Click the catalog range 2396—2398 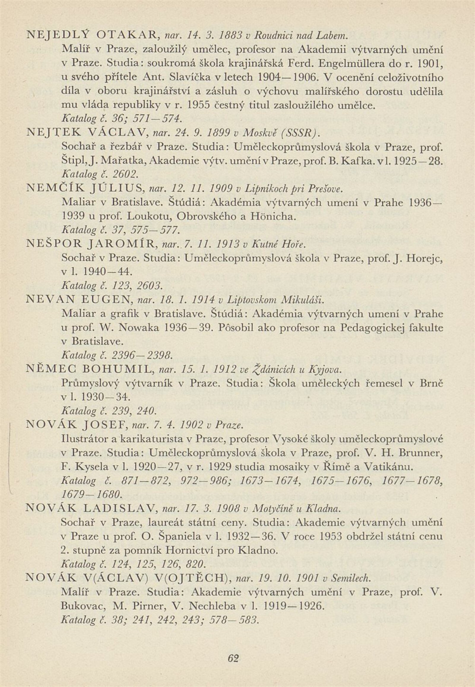point(142,355)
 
